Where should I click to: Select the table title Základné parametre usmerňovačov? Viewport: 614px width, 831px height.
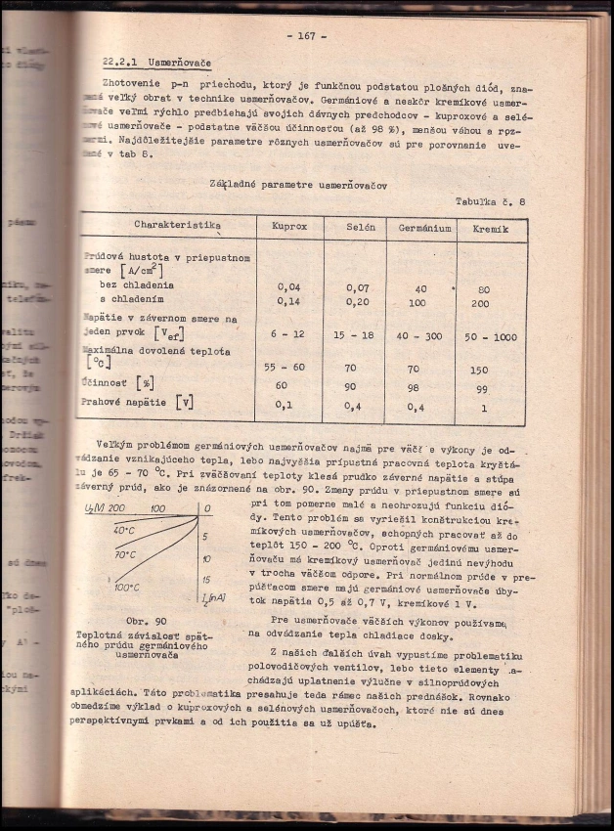click(298, 184)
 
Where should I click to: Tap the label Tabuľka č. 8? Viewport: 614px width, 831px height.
click(490, 200)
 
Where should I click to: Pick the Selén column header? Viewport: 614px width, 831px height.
click(361, 226)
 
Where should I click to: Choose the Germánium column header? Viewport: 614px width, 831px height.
click(424, 227)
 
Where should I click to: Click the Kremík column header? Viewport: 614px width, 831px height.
click(492, 227)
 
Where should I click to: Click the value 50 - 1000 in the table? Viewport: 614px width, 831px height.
click(491, 336)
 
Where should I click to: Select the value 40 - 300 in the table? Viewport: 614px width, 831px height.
click(423, 335)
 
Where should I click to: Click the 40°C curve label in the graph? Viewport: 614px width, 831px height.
click(123, 530)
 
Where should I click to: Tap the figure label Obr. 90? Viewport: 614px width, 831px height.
click(147, 621)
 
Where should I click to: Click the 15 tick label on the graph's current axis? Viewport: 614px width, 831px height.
click(206, 580)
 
